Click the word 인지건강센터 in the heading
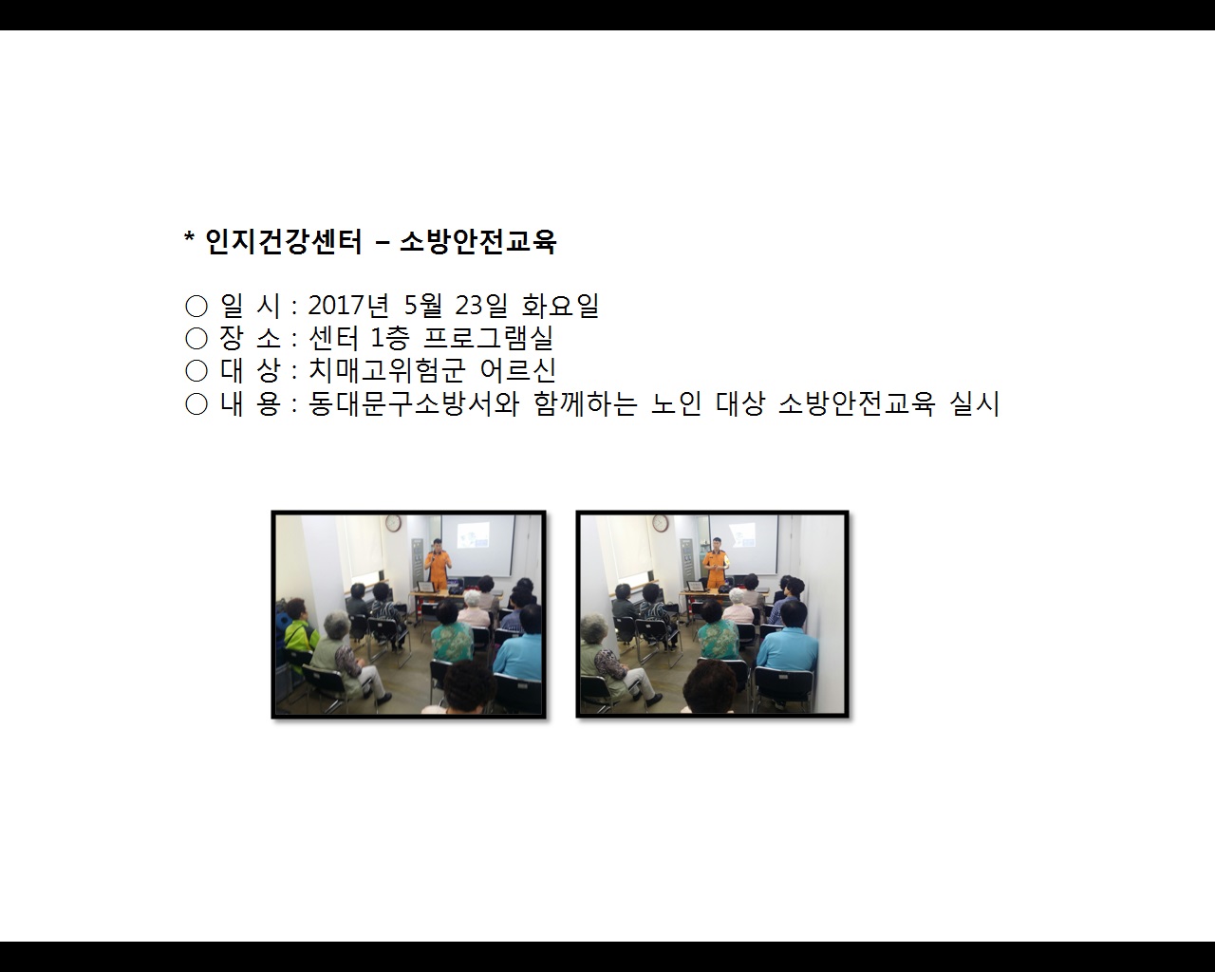284,242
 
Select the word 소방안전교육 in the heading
477,242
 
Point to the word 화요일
560,306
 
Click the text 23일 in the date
482,306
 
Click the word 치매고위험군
386,370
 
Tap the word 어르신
518,370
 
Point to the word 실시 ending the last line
975,403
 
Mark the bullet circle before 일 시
196,306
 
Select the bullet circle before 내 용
196,404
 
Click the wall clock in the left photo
393,522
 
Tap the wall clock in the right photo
661,522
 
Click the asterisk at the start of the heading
189,237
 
